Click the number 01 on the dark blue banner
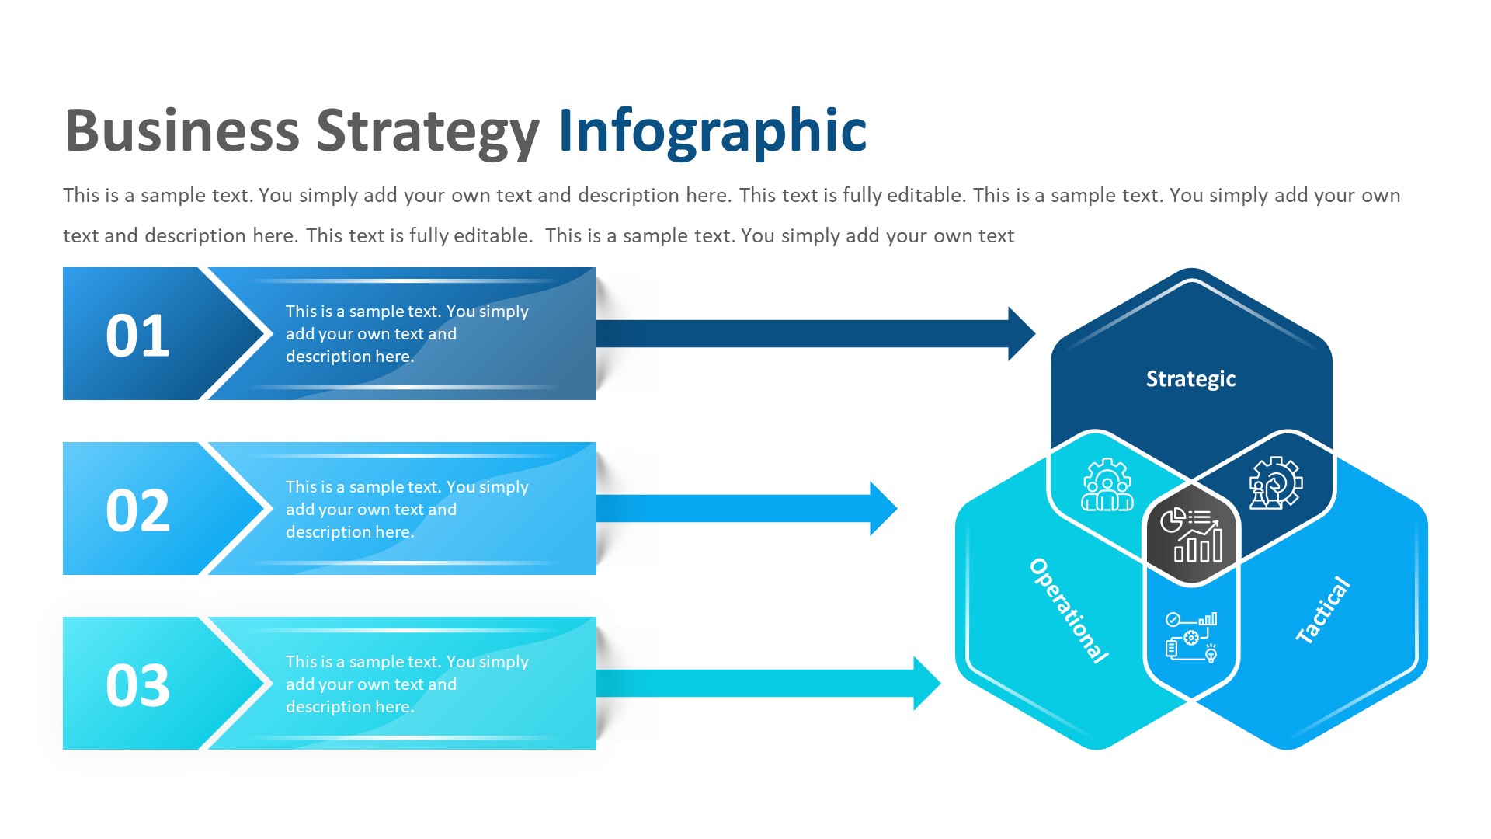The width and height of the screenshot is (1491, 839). (137, 336)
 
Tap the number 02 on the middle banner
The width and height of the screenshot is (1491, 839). (137, 510)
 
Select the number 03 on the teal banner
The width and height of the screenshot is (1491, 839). (137, 685)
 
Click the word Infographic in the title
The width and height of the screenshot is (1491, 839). (712, 131)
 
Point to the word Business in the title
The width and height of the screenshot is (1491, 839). (182, 131)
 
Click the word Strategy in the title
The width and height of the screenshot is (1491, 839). (427, 132)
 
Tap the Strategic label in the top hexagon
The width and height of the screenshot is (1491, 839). (1190, 378)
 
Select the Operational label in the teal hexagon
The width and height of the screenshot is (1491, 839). (1069, 611)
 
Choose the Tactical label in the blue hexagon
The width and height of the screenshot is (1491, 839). (1323, 610)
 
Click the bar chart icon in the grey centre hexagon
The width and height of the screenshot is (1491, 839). (1191, 534)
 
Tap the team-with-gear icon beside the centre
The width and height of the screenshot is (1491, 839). (1107, 485)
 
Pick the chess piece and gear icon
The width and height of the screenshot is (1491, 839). (1275, 483)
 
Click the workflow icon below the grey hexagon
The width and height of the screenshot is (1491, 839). (1191, 636)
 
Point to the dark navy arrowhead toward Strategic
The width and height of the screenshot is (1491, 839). (1020, 334)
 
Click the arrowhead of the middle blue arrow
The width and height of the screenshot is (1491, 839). (883, 509)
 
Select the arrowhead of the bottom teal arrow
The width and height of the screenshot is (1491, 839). (926, 684)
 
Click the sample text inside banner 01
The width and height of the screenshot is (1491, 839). (406, 334)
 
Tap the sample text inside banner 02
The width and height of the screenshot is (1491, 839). (406, 510)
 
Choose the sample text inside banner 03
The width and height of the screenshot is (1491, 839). (406, 684)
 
